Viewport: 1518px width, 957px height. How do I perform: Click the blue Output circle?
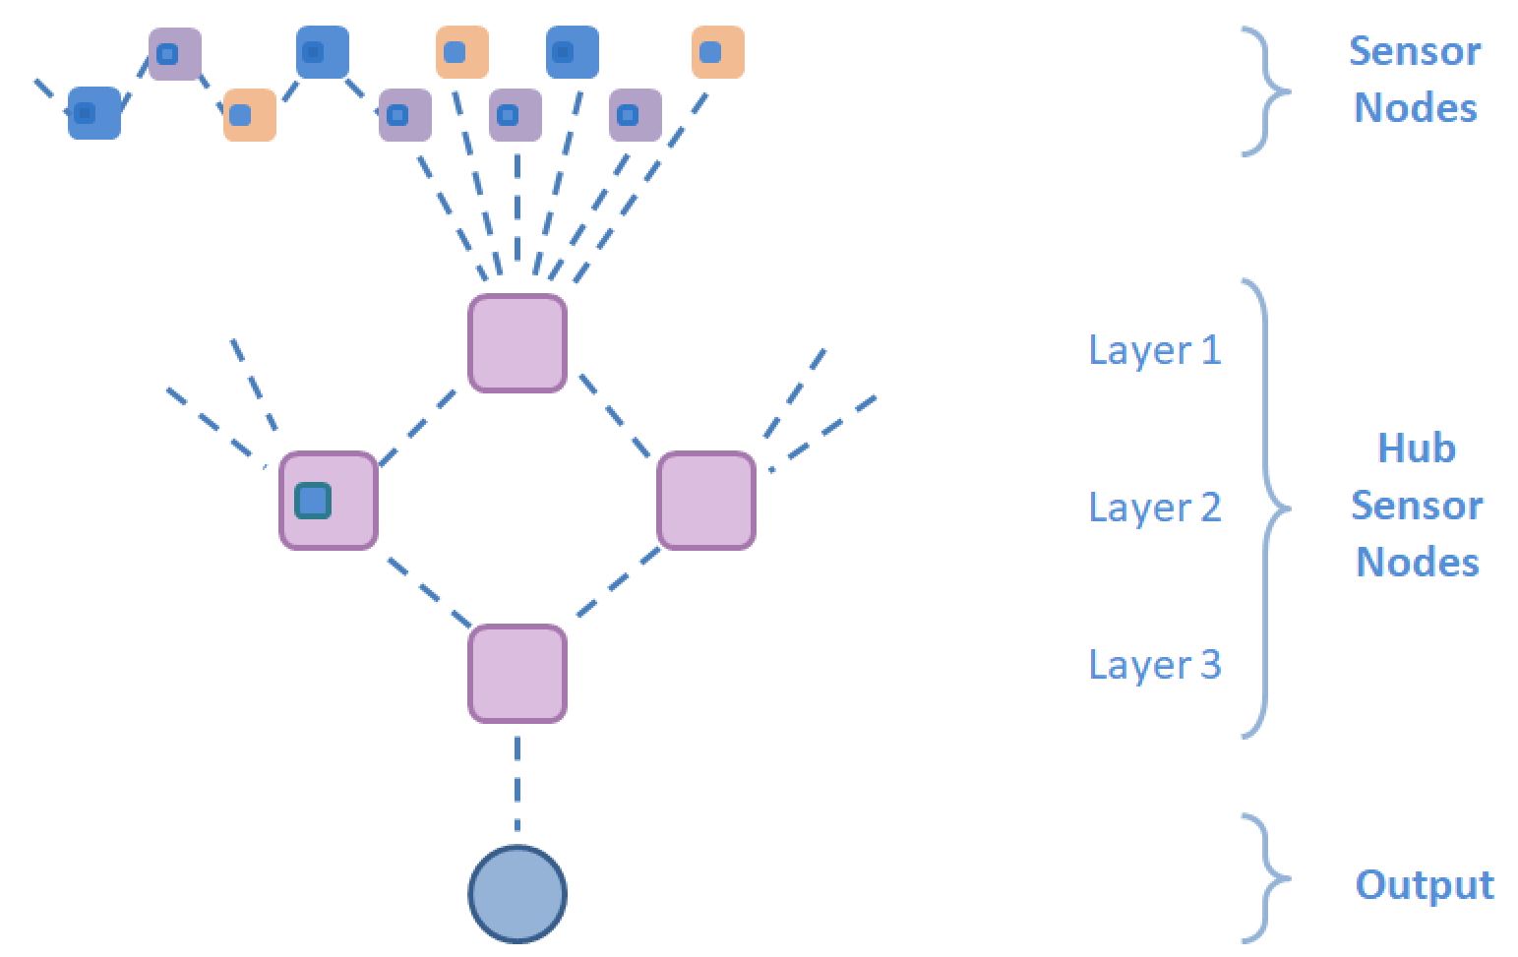pyautogui.click(x=517, y=894)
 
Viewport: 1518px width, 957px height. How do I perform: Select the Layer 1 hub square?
pyautogui.click(x=517, y=343)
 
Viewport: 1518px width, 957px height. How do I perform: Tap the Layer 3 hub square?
pyautogui.click(x=517, y=674)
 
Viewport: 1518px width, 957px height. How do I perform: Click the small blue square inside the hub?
pyautogui.click(x=313, y=502)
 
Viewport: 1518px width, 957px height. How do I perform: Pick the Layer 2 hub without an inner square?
pyautogui.click(x=706, y=501)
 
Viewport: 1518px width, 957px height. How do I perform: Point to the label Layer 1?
pyautogui.click(x=1154, y=350)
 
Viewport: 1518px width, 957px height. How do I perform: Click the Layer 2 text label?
pyautogui.click(x=1154, y=508)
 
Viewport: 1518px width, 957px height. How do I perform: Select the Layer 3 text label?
pyautogui.click(x=1154, y=665)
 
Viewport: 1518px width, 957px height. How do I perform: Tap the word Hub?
pyautogui.click(x=1417, y=449)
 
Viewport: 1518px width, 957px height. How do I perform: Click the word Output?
pyautogui.click(x=1424, y=884)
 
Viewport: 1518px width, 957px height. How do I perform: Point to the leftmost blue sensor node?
pyautogui.click(x=94, y=113)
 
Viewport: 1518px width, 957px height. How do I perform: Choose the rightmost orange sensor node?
pyautogui.click(x=718, y=52)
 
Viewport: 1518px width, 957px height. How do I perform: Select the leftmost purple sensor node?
pyautogui.click(x=175, y=53)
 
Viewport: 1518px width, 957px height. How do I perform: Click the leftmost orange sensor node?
pyautogui.click(x=250, y=115)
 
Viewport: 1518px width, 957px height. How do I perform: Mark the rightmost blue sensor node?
pyautogui.click(x=573, y=52)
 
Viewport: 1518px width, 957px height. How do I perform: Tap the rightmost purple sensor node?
pyautogui.click(x=636, y=115)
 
